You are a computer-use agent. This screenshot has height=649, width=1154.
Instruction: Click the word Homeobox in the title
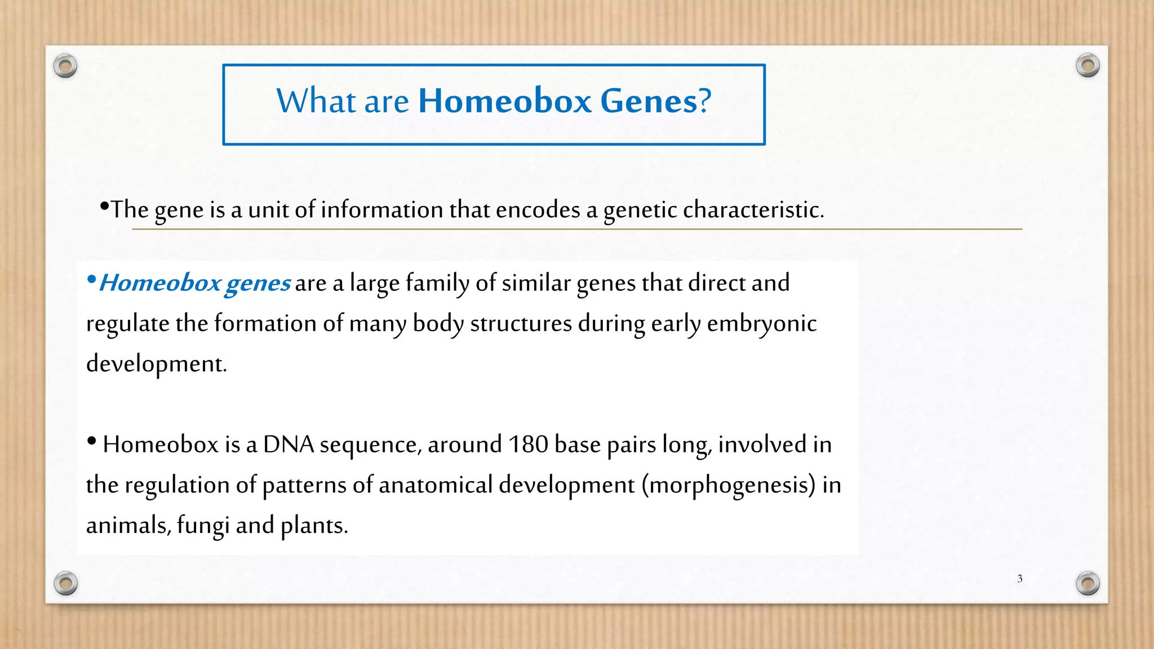[x=504, y=101]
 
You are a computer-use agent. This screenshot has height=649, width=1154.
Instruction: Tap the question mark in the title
[x=705, y=101]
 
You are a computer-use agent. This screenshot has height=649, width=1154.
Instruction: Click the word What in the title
[x=316, y=101]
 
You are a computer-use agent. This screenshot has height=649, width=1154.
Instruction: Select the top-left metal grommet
[x=65, y=66]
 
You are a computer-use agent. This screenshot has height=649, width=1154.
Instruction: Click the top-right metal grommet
[x=1088, y=66]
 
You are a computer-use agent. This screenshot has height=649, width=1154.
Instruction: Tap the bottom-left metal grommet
[x=66, y=583]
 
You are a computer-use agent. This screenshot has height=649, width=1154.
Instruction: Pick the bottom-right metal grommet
[x=1088, y=583]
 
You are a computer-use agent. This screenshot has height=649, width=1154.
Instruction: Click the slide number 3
[x=1019, y=579]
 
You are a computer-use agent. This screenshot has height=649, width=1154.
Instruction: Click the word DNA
[x=288, y=444]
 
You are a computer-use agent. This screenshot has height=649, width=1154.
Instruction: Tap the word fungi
[x=203, y=526]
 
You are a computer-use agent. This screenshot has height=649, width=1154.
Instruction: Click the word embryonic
[x=761, y=324]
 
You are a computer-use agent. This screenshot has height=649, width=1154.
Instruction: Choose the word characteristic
[x=753, y=210]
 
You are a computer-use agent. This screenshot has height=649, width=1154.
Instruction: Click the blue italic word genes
[x=258, y=283]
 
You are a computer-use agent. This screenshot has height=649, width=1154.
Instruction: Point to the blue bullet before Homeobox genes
[x=92, y=279]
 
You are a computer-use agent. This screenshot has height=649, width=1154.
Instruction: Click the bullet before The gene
[x=104, y=206]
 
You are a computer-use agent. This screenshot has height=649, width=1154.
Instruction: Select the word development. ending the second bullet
[x=156, y=364]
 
